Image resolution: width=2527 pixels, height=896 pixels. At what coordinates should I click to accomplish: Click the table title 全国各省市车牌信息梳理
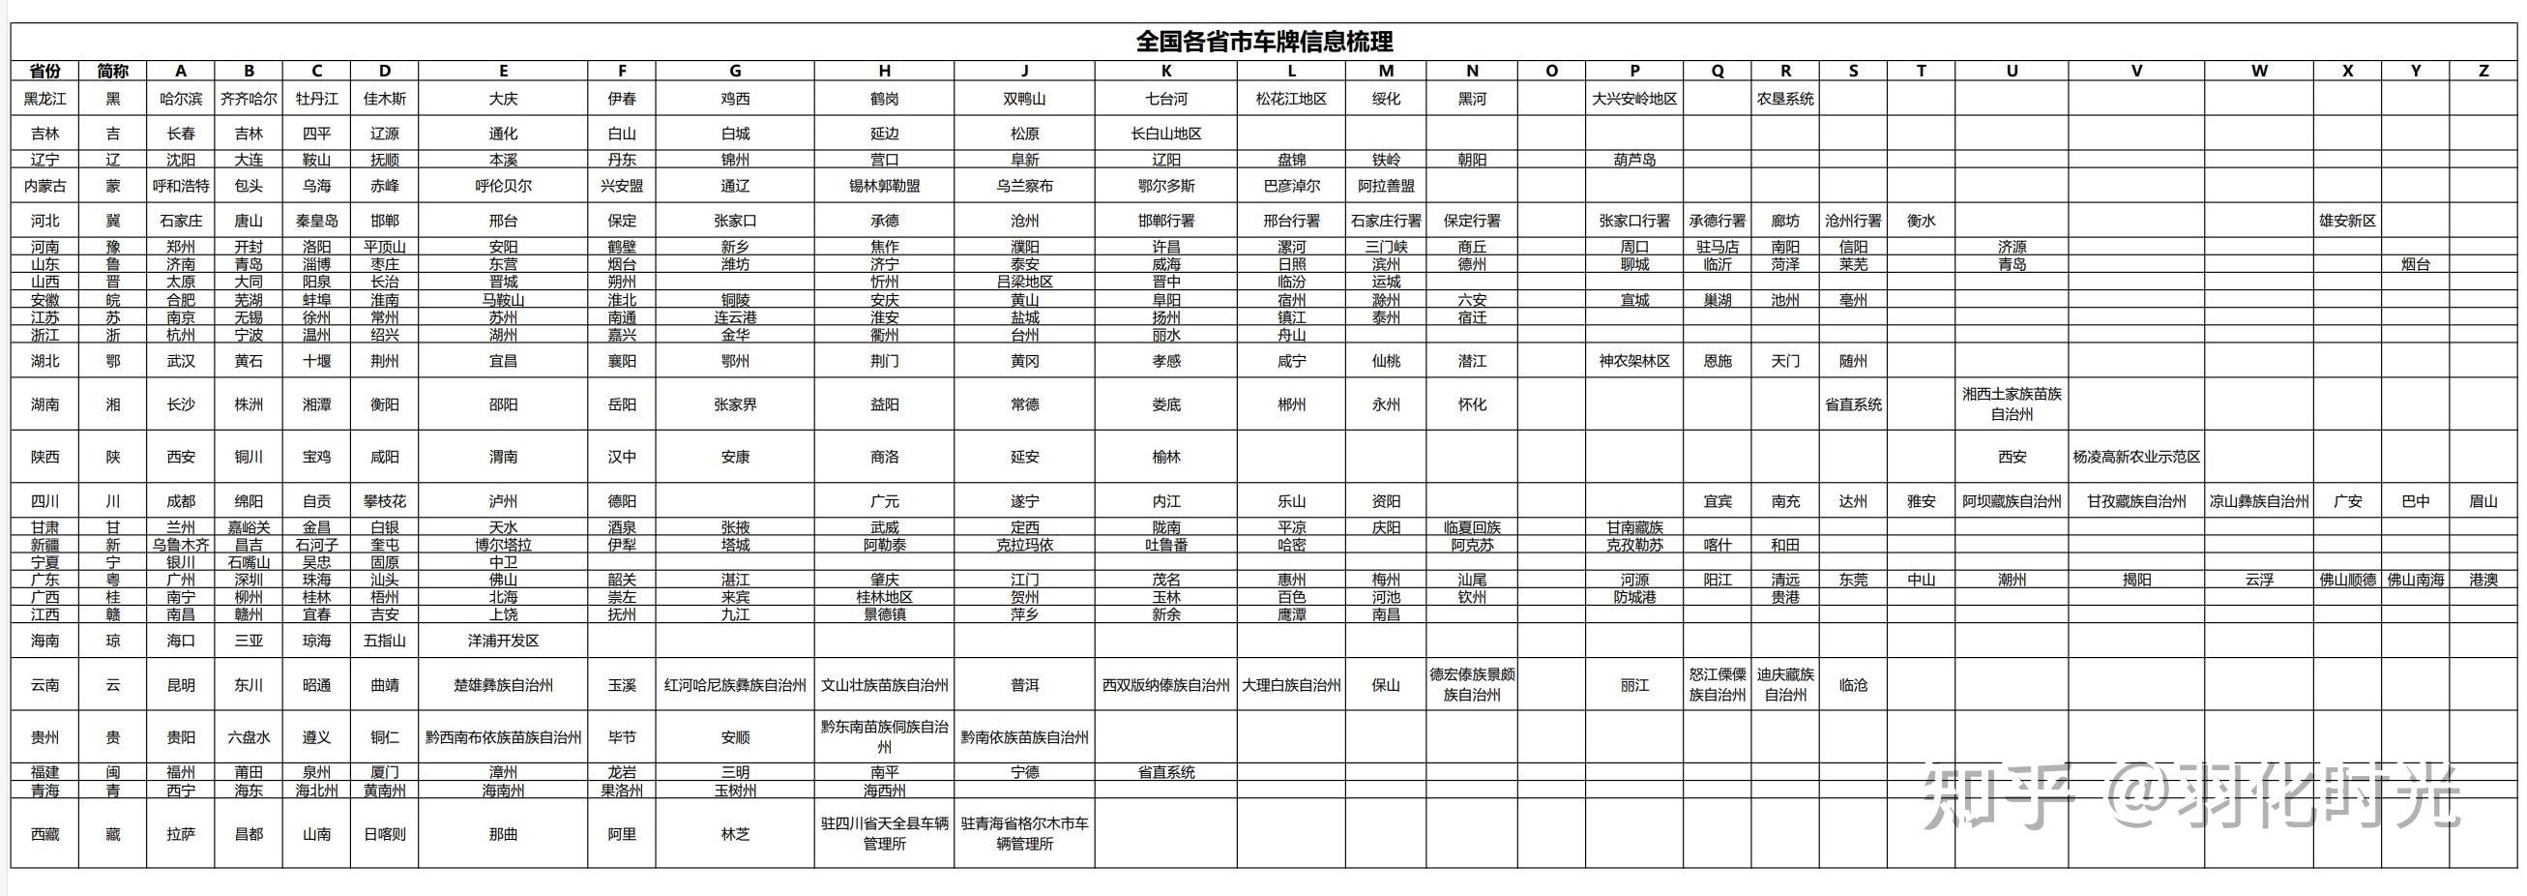[x=1263, y=42]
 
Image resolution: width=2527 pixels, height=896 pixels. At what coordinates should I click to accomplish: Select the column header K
[x=1165, y=71]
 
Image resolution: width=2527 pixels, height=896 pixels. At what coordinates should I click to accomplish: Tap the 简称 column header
[x=113, y=71]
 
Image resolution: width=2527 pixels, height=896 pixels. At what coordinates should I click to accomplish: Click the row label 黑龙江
[x=45, y=98]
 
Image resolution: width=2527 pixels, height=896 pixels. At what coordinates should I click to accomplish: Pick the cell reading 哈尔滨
[x=181, y=98]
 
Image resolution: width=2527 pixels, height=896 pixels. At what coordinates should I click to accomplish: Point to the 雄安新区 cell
[x=2346, y=221]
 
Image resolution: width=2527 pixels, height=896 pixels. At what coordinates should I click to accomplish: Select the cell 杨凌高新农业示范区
[x=2135, y=457]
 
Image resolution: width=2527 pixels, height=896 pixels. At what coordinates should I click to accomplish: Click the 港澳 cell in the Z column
[x=2483, y=580]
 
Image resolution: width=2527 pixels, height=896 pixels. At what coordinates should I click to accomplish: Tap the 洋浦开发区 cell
[x=502, y=641]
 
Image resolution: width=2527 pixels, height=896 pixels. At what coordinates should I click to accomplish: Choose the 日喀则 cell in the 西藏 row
[x=385, y=834]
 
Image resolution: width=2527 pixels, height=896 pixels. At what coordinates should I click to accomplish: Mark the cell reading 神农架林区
[x=1633, y=361]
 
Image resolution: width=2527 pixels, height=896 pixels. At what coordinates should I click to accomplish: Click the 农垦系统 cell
[x=1784, y=98]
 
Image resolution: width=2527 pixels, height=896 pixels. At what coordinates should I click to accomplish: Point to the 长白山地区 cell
[x=1165, y=134]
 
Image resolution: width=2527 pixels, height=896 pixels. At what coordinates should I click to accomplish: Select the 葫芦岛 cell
[x=1633, y=159]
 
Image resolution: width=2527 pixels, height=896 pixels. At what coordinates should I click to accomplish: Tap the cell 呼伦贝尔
[x=502, y=186]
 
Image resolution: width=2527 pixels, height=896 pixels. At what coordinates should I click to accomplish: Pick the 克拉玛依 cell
[x=1024, y=545]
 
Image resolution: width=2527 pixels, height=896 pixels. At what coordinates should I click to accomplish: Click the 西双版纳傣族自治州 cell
[x=1165, y=685]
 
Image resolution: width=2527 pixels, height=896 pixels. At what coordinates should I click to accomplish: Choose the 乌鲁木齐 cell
[x=181, y=545]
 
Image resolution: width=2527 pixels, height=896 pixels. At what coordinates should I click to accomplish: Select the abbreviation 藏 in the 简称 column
[x=113, y=834]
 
